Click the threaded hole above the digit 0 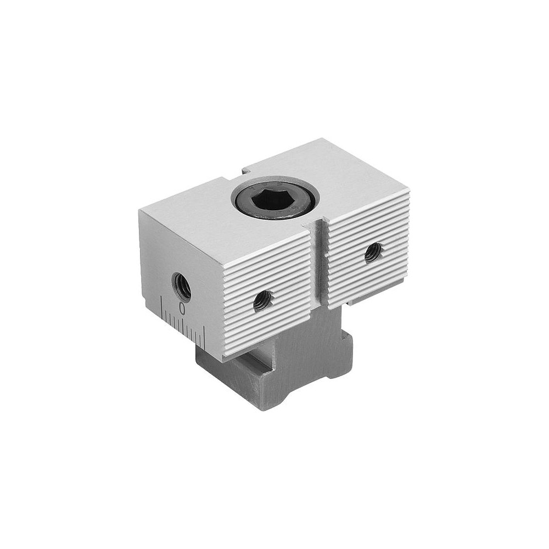pos(182,286)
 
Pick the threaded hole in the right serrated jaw pos(373,253)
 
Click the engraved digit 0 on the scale pos(182,308)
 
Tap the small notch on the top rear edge pos(247,171)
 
